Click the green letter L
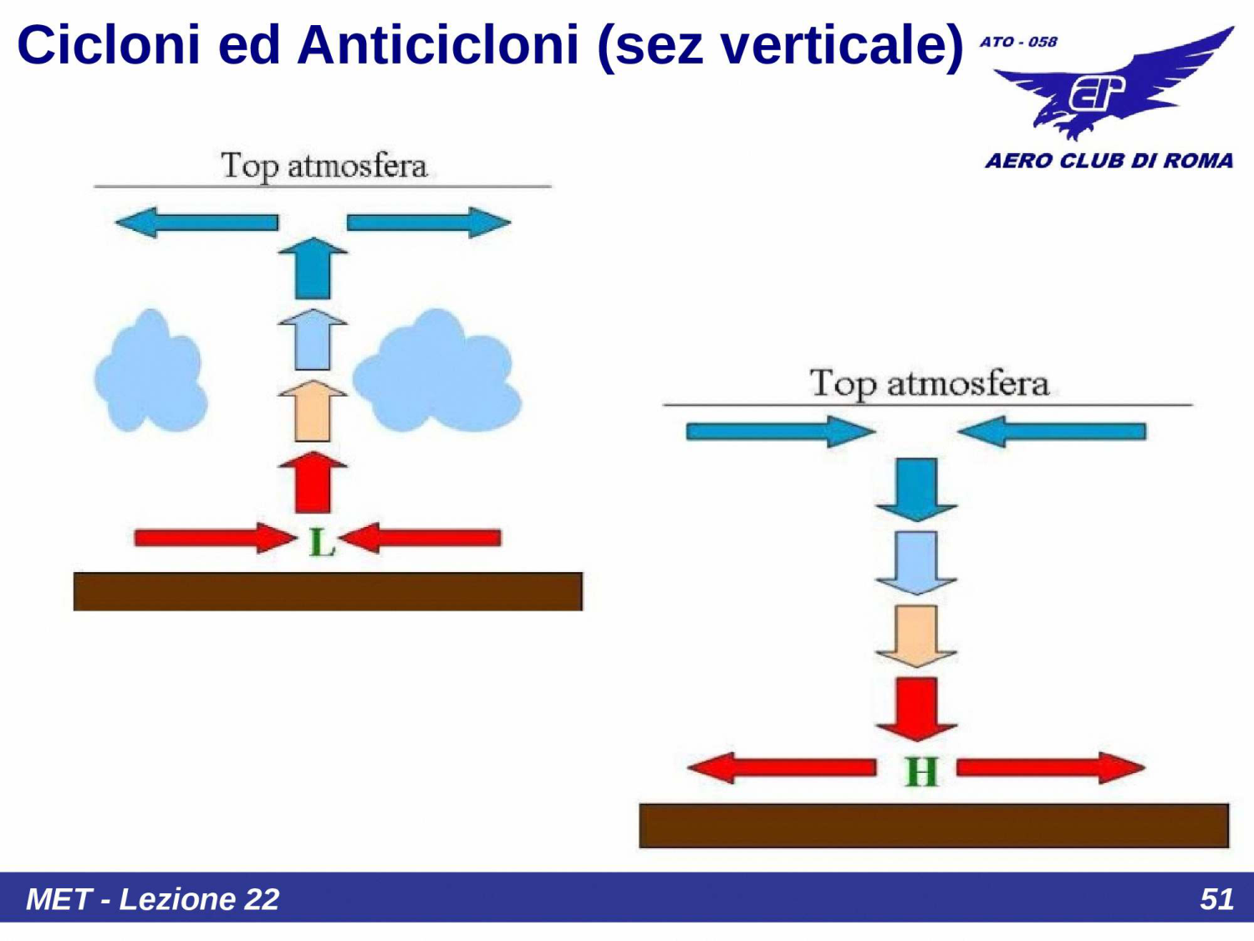coord(322,542)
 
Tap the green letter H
coord(921,771)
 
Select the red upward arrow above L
coord(313,483)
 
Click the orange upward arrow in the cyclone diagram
coord(313,411)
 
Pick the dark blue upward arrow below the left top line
coord(313,268)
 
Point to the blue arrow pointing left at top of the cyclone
coord(196,222)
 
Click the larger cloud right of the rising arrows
coord(436,372)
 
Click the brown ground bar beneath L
coord(328,591)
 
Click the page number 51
coord(1216,899)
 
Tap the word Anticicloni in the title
coord(438,44)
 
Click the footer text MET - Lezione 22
coord(153,899)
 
